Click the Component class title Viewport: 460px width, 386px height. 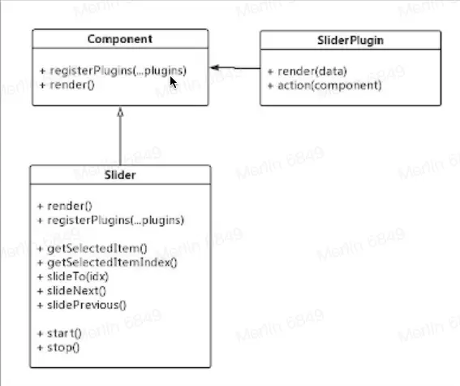pos(120,39)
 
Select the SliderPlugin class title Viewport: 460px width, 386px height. pos(350,41)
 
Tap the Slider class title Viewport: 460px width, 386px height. pos(120,175)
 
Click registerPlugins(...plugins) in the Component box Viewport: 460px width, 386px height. pos(118,71)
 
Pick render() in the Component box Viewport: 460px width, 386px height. pos(72,85)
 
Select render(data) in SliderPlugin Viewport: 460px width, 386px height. pos(312,72)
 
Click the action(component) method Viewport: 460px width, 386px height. pos(329,85)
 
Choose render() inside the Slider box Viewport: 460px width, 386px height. pos(70,206)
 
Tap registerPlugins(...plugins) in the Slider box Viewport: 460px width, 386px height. pos(115,220)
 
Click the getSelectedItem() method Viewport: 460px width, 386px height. pos(97,249)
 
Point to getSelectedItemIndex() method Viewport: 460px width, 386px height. pos(112,262)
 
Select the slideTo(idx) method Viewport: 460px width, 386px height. pos(78,276)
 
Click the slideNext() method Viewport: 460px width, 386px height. pos(76,291)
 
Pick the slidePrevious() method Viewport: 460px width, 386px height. pos(87,305)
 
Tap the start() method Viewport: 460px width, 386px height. pos(64,333)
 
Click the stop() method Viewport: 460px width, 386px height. pos(63,348)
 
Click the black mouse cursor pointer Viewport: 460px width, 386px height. pos(174,82)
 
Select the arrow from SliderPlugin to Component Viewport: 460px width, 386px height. pos(235,68)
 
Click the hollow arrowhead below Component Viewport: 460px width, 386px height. pos(120,112)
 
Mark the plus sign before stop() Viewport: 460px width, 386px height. pos(41,348)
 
